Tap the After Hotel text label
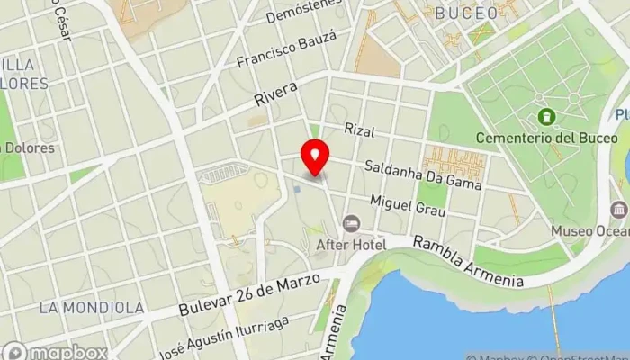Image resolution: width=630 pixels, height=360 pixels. pyautogui.click(x=350, y=244)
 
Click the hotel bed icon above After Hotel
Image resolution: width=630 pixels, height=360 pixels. pyautogui.click(x=350, y=221)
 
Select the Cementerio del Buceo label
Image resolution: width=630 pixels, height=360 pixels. pyautogui.click(x=566, y=138)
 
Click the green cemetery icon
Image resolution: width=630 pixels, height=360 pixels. pyautogui.click(x=545, y=117)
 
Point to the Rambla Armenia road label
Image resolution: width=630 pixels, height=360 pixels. pyautogui.click(x=469, y=262)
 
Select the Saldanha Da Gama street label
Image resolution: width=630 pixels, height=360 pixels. pyautogui.click(x=422, y=175)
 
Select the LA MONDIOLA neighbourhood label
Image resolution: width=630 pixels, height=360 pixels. pyautogui.click(x=92, y=308)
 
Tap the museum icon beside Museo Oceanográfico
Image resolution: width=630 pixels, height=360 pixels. pyautogui.click(x=618, y=210)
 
